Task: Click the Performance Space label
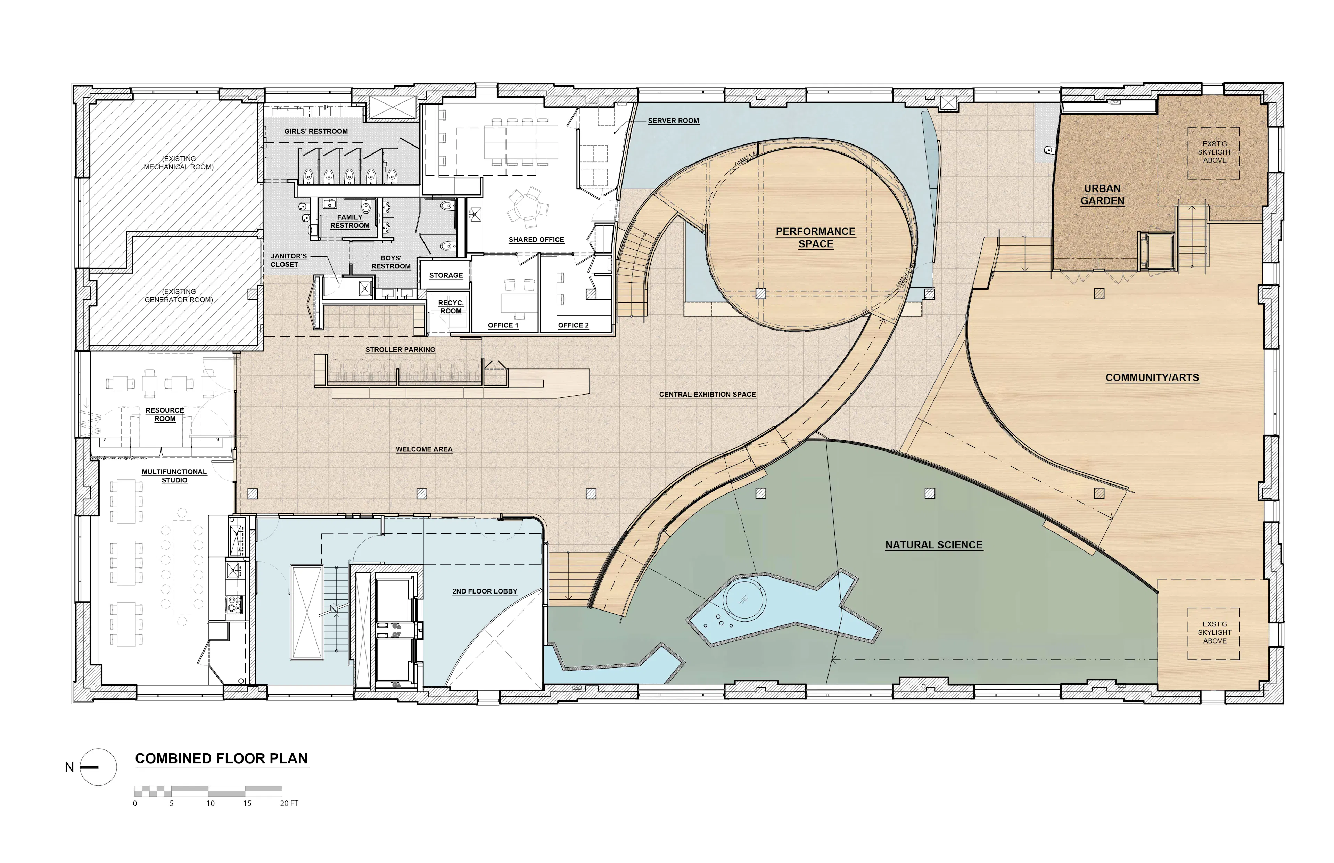point(816,238)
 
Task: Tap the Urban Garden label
point(1102,194)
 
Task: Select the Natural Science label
point(934,545)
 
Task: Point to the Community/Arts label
point(1152,378)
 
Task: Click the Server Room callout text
point(673,121)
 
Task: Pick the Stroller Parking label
point(400,350)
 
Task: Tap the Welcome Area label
point(424,449)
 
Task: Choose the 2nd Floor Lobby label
point(485,591)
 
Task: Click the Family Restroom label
point(350,221)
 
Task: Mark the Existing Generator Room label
point(179,295)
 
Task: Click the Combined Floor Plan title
point(221,759)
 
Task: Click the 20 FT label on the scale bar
point(289,804)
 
